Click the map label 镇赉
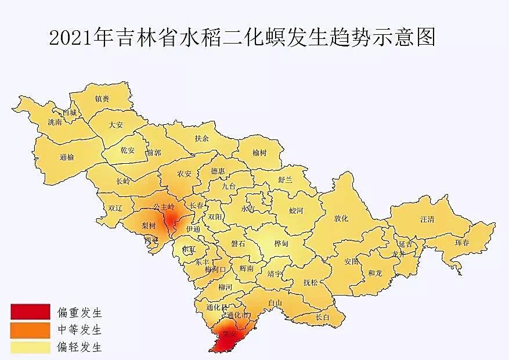click(102, 99)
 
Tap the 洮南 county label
click(55, 123)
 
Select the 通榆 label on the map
click(67, 157)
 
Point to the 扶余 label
click(201, 138)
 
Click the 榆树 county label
click(259, 153)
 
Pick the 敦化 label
click(341, 218)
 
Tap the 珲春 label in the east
click(463, 242)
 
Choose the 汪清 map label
click(427, 219)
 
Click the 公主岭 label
click(163, 206)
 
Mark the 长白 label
click(322, 317)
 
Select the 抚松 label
click(311, 283)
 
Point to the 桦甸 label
click(280, 244)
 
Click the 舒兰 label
click(286, 180)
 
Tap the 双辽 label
click(115, 207)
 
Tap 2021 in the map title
click(66, 38)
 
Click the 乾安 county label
click(127, 150)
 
